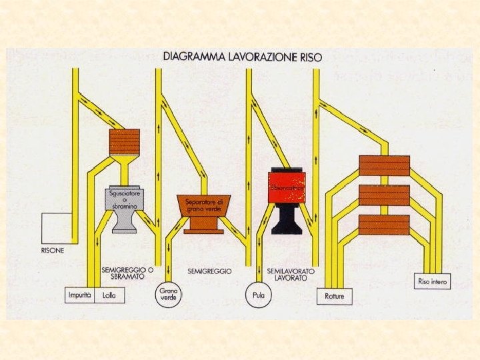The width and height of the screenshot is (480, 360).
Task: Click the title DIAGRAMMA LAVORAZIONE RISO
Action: pos(243,57)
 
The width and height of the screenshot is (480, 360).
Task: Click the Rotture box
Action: pos(335,295)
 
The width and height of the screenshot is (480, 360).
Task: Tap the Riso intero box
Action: pos(433,281)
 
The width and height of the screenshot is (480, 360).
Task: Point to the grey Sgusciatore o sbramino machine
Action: pos(124,207)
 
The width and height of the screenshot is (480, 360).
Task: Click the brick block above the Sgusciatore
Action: pos(124,141)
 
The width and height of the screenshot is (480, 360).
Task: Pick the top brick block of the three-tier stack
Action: pos(384,165)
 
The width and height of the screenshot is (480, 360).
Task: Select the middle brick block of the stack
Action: pos(384,195)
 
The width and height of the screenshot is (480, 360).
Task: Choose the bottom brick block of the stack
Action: pos(384,224)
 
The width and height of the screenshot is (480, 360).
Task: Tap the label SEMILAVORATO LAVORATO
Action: pos(287,274)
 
